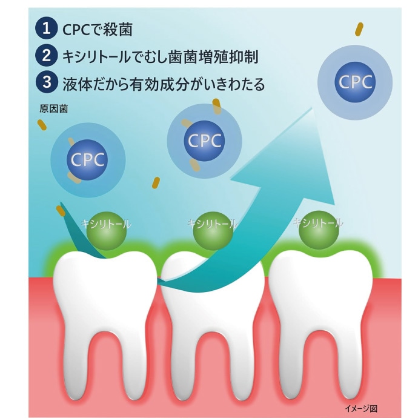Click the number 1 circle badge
tap(47, 28)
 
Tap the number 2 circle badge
tap(47, 56)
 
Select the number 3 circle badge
tap(47, 82)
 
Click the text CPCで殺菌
tap(98, 29)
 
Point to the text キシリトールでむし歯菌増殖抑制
tap(160, 57)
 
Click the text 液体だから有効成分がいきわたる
tap(164, 84)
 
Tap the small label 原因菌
tap(53, 109)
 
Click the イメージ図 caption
tap(361, 408)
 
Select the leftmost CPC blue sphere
tap(87, 160)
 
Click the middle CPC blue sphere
tap(204, 141)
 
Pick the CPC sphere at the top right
tap(355, 82)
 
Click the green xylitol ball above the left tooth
tap(107, 231)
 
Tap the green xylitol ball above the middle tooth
tap(213, 231)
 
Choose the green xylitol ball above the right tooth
tap(319, 230)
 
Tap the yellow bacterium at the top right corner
tap(359, 30)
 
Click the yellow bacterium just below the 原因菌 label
tap(42, 125)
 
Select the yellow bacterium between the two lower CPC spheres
tap(156, 183)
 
